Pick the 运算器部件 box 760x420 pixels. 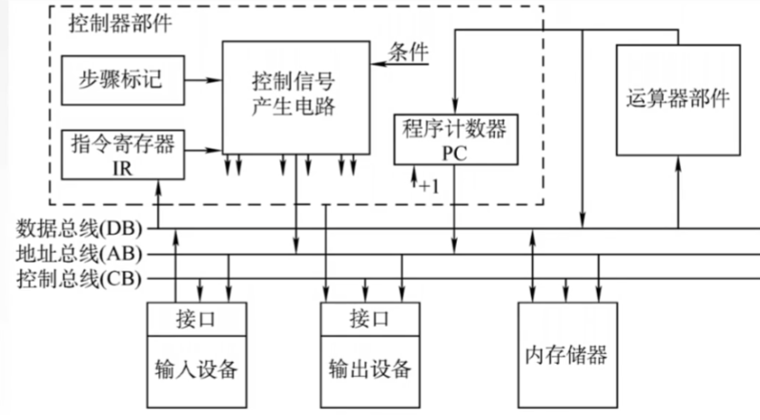pyautogui.click(x=678, y=98)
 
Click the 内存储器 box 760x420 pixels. pyautogui.click(x=565, y=356)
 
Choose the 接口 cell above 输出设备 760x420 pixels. pyautogui.click(x=369, y=318)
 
